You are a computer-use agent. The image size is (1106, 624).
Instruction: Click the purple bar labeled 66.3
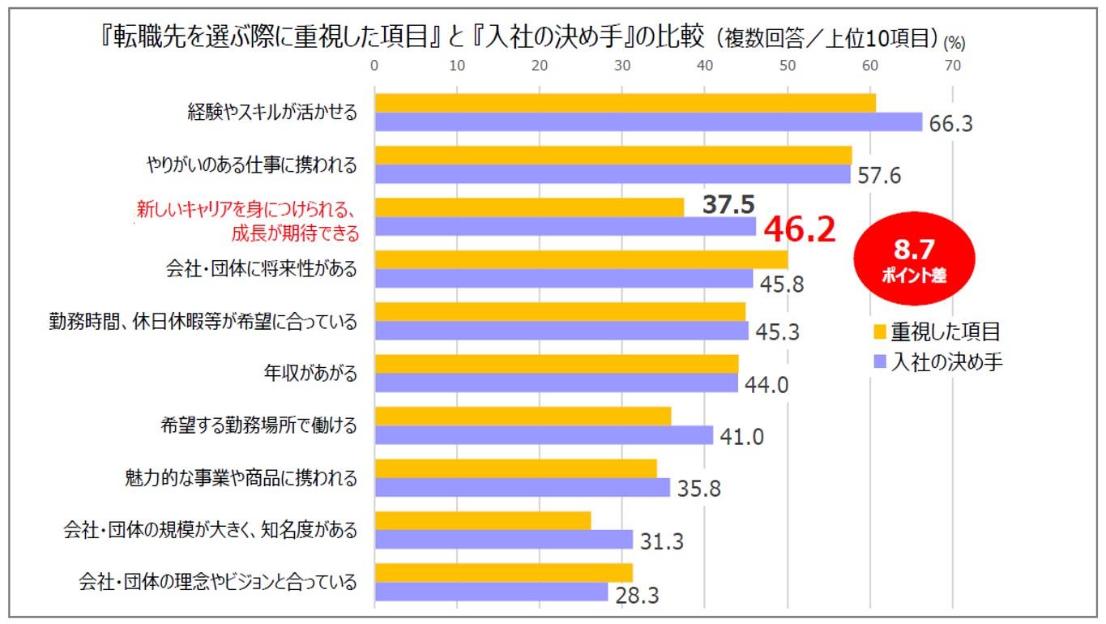tap(648, 122)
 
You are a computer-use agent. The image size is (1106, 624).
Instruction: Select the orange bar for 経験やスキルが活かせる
tap(625, 103)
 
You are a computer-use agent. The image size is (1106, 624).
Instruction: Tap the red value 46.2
tap(800, 230)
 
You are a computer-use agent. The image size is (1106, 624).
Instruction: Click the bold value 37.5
tap(728, 205)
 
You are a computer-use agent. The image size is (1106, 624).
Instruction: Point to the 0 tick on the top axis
tap(374, 66)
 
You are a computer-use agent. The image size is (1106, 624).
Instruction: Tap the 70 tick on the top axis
tap(952, 66)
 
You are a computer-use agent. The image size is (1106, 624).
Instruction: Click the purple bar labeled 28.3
tap(491, 592)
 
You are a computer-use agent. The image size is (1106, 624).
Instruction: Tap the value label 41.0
tap(742, 437)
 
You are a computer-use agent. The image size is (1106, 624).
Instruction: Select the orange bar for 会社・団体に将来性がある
tap(581, 259)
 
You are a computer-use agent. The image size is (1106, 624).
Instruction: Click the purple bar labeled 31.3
tap(503, 540)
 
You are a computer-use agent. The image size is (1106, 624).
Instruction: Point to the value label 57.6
tap(879, 176)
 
